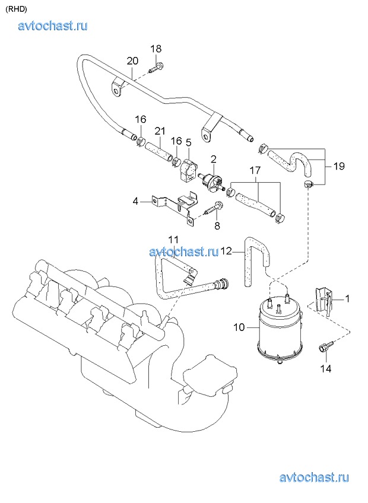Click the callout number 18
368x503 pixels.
[156, 49]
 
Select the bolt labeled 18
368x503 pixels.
[156, 68]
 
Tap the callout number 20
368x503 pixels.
[132, 61]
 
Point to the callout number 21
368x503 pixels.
[160, 131]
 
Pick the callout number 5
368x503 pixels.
[189, 141]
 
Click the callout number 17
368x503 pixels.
[255, 171]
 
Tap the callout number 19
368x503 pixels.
[339, 166]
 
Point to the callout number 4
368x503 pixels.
[135, 202]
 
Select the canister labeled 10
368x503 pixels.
[280, 330]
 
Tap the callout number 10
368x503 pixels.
[239, 328]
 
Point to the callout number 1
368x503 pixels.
[347, 299]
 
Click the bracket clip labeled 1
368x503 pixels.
[323, 300]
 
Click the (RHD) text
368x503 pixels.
[17, 9]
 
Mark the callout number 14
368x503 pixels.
[326, 369]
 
